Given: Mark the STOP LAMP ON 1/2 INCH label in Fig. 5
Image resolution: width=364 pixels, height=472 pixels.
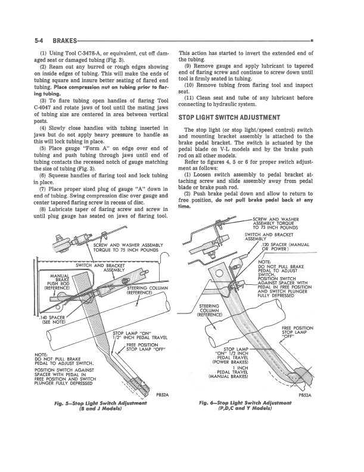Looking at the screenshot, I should (133, 336).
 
